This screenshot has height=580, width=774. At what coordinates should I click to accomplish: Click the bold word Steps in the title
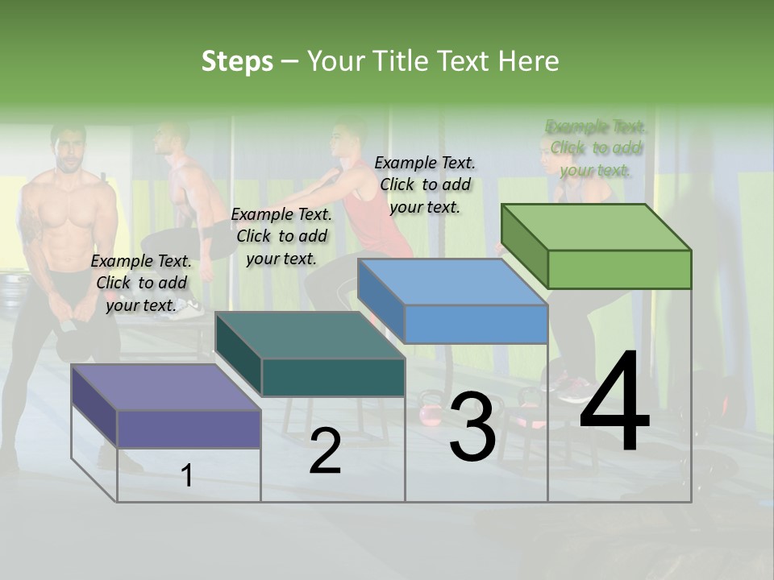coord(237,61)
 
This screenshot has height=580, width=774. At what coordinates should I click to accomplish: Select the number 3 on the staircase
coord(472,427)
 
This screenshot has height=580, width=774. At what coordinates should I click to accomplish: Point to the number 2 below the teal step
coord(325,451)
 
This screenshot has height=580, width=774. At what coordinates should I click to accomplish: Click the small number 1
coord(186,475)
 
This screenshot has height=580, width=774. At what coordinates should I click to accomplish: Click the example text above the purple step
coord(141,283)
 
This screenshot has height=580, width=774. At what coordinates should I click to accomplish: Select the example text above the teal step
coord(281,236)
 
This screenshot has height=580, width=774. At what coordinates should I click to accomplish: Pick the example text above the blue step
coord(425,184)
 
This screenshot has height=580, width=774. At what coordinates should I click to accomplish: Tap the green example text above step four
coord(596,148)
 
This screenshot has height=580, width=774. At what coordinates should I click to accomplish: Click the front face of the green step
coord(619,269)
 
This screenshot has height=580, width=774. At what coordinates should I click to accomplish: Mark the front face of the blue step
coord(476,324)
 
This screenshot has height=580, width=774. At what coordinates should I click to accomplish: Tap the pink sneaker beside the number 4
coord(573,391)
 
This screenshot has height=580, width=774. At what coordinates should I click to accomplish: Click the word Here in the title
coord(529,61)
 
